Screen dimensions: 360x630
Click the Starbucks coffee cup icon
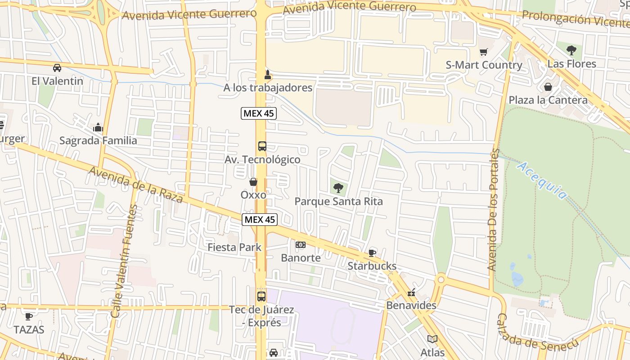tap(372, 253)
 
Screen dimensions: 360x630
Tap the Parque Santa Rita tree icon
tap(338, 188)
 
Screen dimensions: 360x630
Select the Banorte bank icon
tap(301, 245)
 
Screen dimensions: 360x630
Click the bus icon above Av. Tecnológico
tap(262, 146)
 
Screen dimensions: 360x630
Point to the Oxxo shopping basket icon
tap(253, 182)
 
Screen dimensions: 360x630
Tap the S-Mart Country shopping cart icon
tap(483, 52)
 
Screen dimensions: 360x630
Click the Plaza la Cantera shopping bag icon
tap(548, 87)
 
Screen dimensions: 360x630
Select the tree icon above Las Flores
tap(571, 50)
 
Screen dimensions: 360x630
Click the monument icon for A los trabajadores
tap(267, 74)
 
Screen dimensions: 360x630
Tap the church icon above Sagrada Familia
tap(98, 127)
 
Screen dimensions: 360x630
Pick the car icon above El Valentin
tap(57, 68)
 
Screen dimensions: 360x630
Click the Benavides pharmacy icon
tap(411, 293)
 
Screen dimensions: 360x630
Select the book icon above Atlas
tap(432, 339)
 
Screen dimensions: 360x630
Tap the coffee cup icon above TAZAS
tap(29, 316)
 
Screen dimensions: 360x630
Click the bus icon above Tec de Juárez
tap(261, 297)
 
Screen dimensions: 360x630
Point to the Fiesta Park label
tap(234, 247)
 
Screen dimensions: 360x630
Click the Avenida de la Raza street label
tap(135, 184)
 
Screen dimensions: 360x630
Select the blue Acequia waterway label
tap(542, 180)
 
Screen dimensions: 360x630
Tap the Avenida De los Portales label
tap(494, 209)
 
